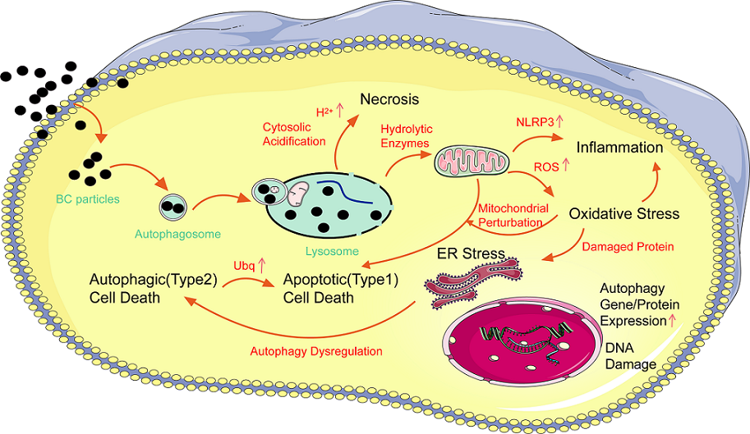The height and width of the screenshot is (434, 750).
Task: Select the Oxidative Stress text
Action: tap(624, 214)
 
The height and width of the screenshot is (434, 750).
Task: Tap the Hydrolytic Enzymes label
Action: tap(405, 136)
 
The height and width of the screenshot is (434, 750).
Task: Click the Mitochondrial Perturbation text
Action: tap(513, 215)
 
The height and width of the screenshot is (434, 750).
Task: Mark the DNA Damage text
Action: tap(630, 356)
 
